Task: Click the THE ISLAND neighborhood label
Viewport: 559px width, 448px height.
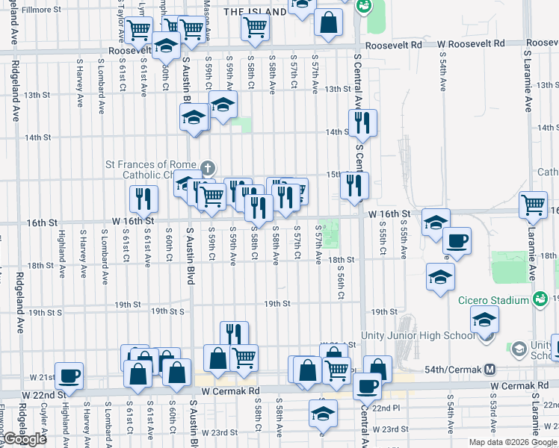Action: [x=254, y=12]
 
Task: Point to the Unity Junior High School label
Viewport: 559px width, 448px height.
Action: [x=417, y=335]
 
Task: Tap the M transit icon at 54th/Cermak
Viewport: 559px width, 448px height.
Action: [x=490, y=369]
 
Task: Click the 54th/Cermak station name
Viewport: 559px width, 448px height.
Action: [x=448, y=369]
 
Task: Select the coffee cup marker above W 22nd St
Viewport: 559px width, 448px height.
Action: [x=70, y=375]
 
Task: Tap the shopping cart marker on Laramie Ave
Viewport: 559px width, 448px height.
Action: [x=533, y=204]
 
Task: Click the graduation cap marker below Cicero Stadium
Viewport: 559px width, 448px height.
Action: [x=484, y=320]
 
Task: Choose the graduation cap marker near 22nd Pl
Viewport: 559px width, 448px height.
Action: [x=323, y=413]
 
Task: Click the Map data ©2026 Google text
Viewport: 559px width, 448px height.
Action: [x=513, y=442]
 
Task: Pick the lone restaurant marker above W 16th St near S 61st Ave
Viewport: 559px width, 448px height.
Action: [x=143, y=199]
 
